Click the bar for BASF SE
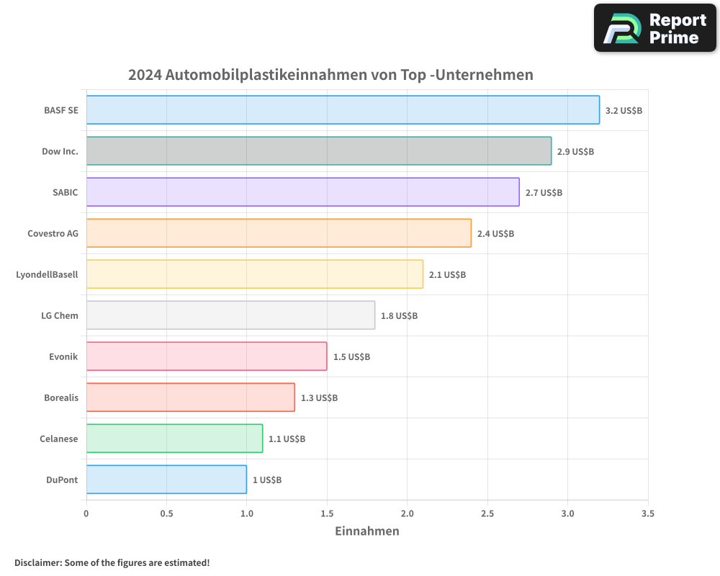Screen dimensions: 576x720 tap(343, 110)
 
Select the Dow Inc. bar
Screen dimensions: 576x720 tap(319, 151)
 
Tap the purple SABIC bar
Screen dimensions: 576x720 tap(302, 192)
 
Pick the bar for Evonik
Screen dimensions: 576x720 tap(207, 356)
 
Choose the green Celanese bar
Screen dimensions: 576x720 tap(174, 438)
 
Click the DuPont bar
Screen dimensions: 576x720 tap(166, 480)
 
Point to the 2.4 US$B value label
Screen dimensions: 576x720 tap(495, 234)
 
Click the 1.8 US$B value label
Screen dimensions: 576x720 tap(399, 316)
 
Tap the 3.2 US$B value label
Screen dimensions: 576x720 tap(624, 111)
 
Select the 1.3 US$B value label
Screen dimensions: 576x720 tap(319, 398)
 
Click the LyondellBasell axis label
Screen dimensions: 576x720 tap(47, 274)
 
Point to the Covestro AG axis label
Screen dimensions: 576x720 tap(53, 233)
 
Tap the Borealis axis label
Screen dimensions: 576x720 tap(60, 397)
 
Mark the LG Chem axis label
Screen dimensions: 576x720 tap(60, 315)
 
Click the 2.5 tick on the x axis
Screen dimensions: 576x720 tap(487, 514)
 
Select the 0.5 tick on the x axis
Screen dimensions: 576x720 tap(166, 514)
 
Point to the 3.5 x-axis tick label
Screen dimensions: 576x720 tap(648, 514)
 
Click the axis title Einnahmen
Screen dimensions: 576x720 tap(367, 531)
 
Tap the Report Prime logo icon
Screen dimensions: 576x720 tap(621, 29)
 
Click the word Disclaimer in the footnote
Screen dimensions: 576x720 tap(37, 562)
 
